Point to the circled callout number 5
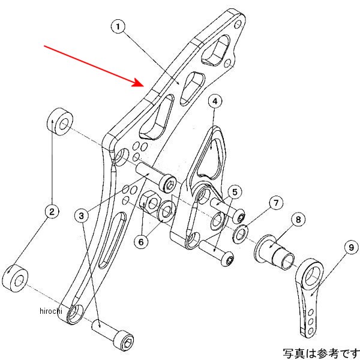[234, 192]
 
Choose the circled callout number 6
[142, 241]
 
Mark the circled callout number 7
[275, 203]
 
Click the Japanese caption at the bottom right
[321, 353]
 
